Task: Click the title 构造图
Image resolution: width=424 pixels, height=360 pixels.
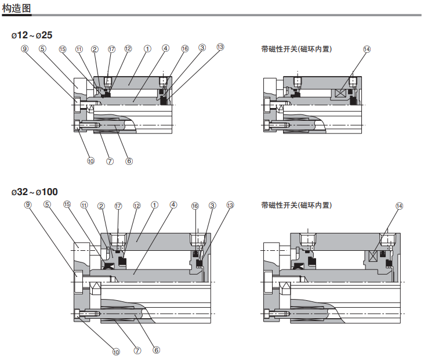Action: point(16,9)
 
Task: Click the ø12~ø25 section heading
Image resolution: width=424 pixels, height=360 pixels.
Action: point(32,35)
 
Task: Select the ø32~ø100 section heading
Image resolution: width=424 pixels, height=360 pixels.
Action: point(34,192)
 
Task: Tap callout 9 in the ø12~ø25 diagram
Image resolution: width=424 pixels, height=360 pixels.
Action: point(25,49)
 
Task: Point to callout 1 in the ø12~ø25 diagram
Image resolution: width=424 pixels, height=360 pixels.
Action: point(147,49)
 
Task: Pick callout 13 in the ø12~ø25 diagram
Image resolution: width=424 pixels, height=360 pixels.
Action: point(220,46)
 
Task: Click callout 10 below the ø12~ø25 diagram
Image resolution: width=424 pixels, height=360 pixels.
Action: point(90,161)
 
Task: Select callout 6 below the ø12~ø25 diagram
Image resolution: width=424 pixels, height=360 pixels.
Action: point(129,161)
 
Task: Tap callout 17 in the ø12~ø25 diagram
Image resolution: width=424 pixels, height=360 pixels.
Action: point(111,49)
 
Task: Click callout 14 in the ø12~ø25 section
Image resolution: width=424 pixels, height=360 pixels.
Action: point(367,49)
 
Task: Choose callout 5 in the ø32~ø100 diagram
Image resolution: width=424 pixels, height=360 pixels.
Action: point(47,204)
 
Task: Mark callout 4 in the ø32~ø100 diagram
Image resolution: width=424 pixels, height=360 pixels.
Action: point(173,204)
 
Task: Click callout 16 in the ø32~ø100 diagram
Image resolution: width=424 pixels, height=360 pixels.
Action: point(195,206)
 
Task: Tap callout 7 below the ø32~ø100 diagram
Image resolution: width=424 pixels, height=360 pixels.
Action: point(137,350)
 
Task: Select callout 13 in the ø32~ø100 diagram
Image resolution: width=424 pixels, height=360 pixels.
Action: point(230,205)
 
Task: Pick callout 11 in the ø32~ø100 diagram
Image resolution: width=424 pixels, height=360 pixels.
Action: point(85,205)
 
